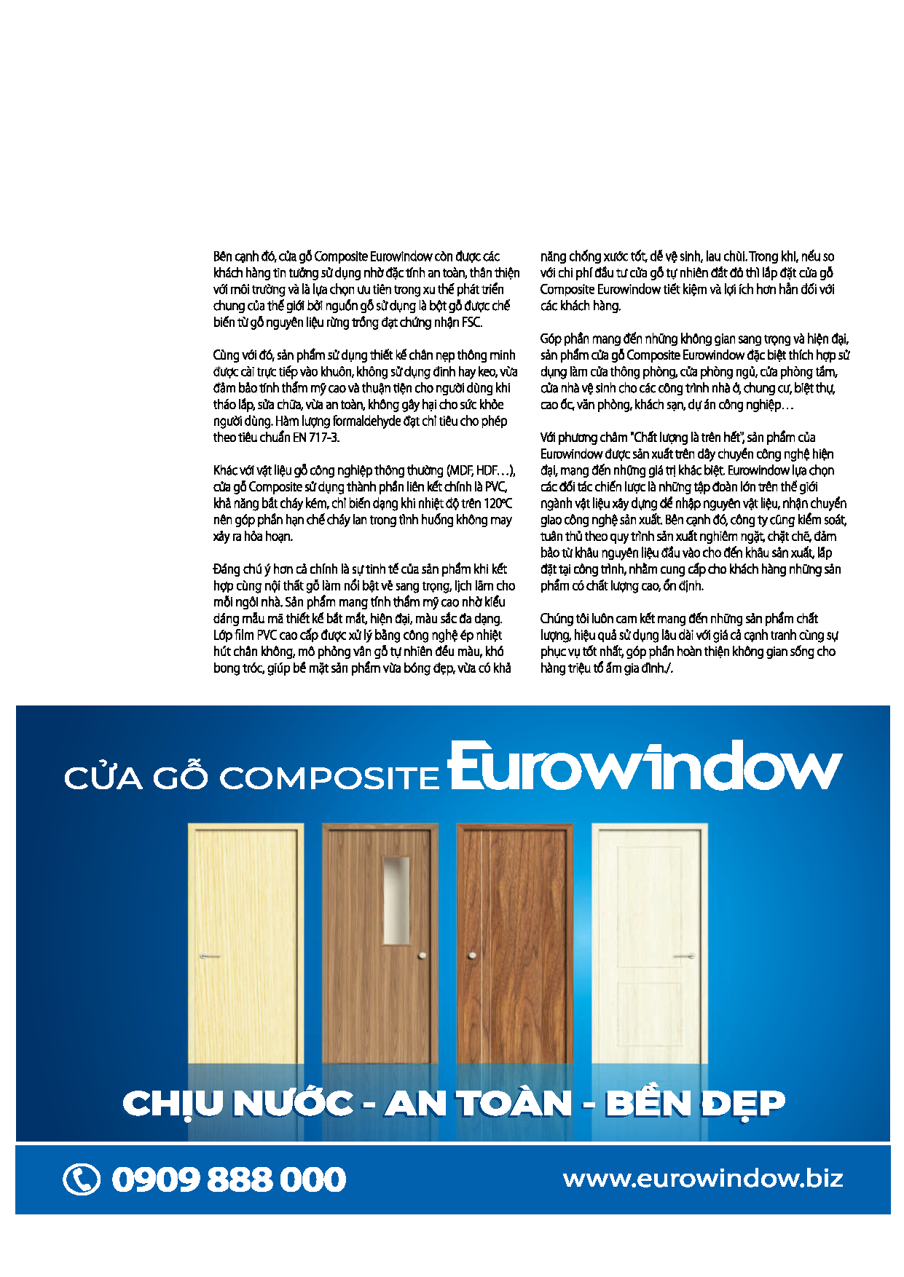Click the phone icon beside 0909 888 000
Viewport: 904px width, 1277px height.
pos(82,1179)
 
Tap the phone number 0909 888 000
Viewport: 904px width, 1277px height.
pos(229,1179)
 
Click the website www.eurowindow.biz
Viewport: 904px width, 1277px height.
pos(703,1178)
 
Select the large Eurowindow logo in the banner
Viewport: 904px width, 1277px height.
pos(645,767)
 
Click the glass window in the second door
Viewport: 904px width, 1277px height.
pos(396,901)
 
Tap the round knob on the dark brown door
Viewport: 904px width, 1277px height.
pos(473,954)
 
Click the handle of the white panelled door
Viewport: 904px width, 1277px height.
pos(684,956)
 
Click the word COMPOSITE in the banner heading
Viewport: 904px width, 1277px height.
pos(329,778)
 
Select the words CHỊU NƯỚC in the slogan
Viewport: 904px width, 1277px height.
pos(238,1104)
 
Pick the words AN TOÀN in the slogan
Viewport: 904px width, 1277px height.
pos(479,1104)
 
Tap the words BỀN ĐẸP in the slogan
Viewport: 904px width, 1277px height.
pos(695,1104)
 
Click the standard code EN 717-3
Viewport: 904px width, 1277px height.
pos(315,438)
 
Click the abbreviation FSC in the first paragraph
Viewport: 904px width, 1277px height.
pos(471,323)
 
